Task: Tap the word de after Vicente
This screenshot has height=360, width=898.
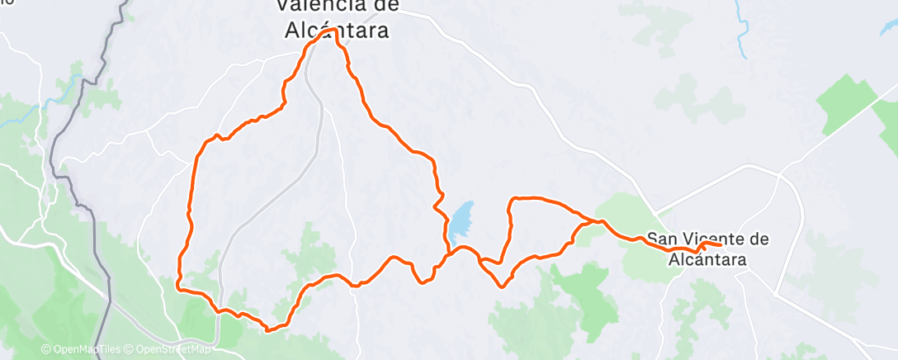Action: click(x=757, y=239)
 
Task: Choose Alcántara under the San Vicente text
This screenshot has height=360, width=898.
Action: click(x=708, y=258)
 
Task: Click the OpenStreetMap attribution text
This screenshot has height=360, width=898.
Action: click(x=169, y=350)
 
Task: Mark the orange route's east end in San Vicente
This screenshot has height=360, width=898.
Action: click(x=722, y=245)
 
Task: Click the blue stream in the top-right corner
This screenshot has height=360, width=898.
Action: click(x=742, y=33)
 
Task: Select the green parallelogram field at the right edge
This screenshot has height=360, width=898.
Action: click(x=846, y=103)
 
